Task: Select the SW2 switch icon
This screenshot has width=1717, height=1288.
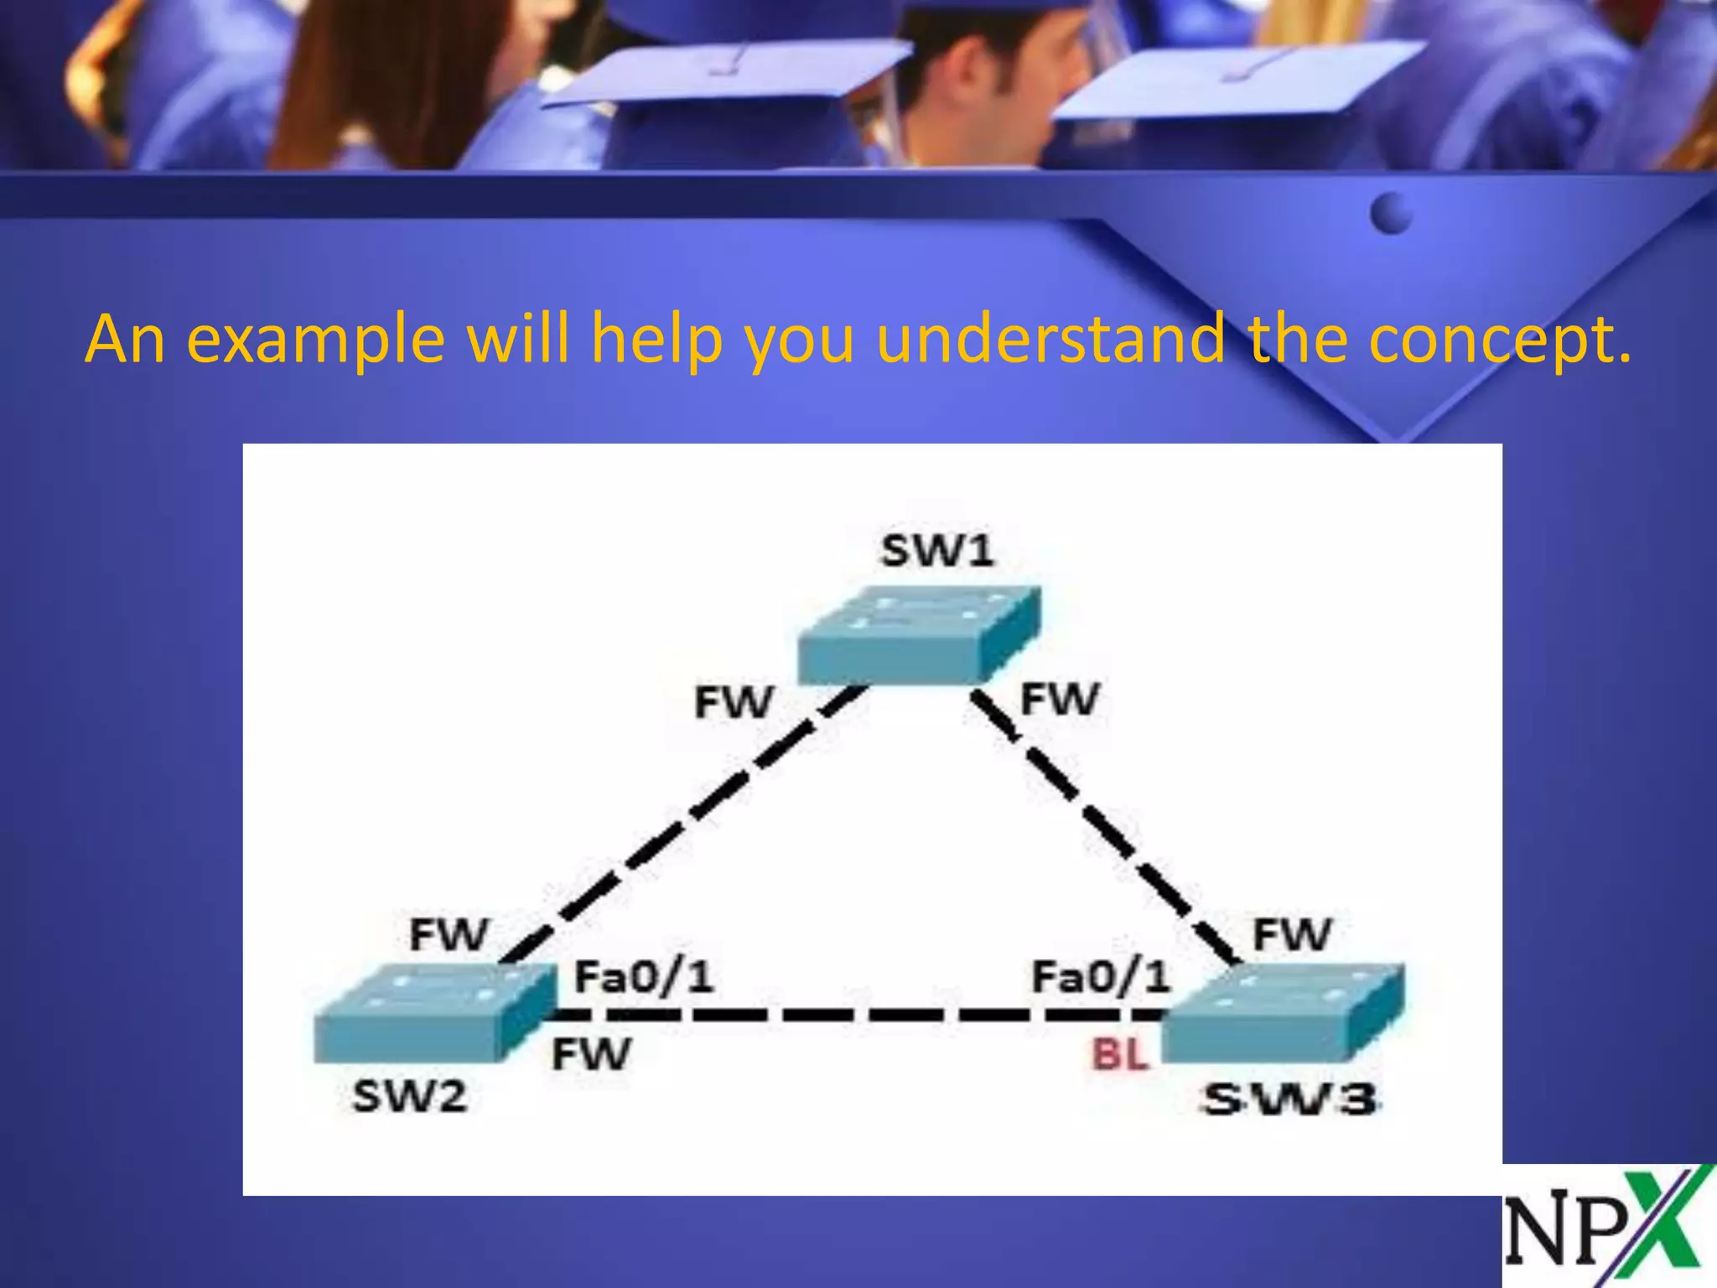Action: [x=434, y=1013]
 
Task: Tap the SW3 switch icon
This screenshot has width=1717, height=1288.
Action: [x=1283, y=1013]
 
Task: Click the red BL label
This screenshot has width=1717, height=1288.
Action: [x=1119, y=1055]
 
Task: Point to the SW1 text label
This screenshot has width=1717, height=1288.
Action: [x=937, y=552]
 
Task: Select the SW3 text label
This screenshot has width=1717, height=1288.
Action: [x=1289, y=1100]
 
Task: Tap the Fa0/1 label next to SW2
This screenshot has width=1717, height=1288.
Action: [x=643, y=977]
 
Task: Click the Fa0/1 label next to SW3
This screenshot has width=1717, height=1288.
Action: [x=1100, y=977]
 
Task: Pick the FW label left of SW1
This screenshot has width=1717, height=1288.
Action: [x=734, y=703]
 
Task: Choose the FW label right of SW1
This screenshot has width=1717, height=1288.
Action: [x=1059, y=699]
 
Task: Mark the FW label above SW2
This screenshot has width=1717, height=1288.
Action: [x=449, y=934]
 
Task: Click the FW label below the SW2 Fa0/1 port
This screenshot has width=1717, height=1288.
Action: [x=590, y=1055]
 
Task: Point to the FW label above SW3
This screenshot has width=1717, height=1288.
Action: [x=1291, y=934]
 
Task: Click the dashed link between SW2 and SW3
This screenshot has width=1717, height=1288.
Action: [x=855, y=1015]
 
